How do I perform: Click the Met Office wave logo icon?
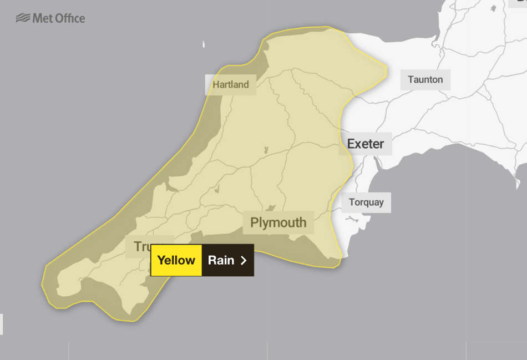(x=23, y=18)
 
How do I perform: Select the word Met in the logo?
(x=42, y=18)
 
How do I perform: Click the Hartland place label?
(x=231, y=85)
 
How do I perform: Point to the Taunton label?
(x=425, y=79)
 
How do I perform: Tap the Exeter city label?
(x=366, y=144)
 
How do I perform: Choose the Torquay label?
(x=366, y=202)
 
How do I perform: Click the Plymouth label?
(x=278, y=222)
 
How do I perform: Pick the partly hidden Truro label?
(x=139, y=246)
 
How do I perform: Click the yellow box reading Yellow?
(x=176, y=260)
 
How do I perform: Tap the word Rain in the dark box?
(x=221, y=260)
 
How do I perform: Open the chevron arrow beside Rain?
(x=244, y=260)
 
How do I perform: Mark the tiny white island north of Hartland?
(x=204, y=44)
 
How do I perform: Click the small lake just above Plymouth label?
(x=271, y=208)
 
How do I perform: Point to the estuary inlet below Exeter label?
(x=377, y=163)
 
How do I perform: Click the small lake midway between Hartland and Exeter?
(x=266, y=150)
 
